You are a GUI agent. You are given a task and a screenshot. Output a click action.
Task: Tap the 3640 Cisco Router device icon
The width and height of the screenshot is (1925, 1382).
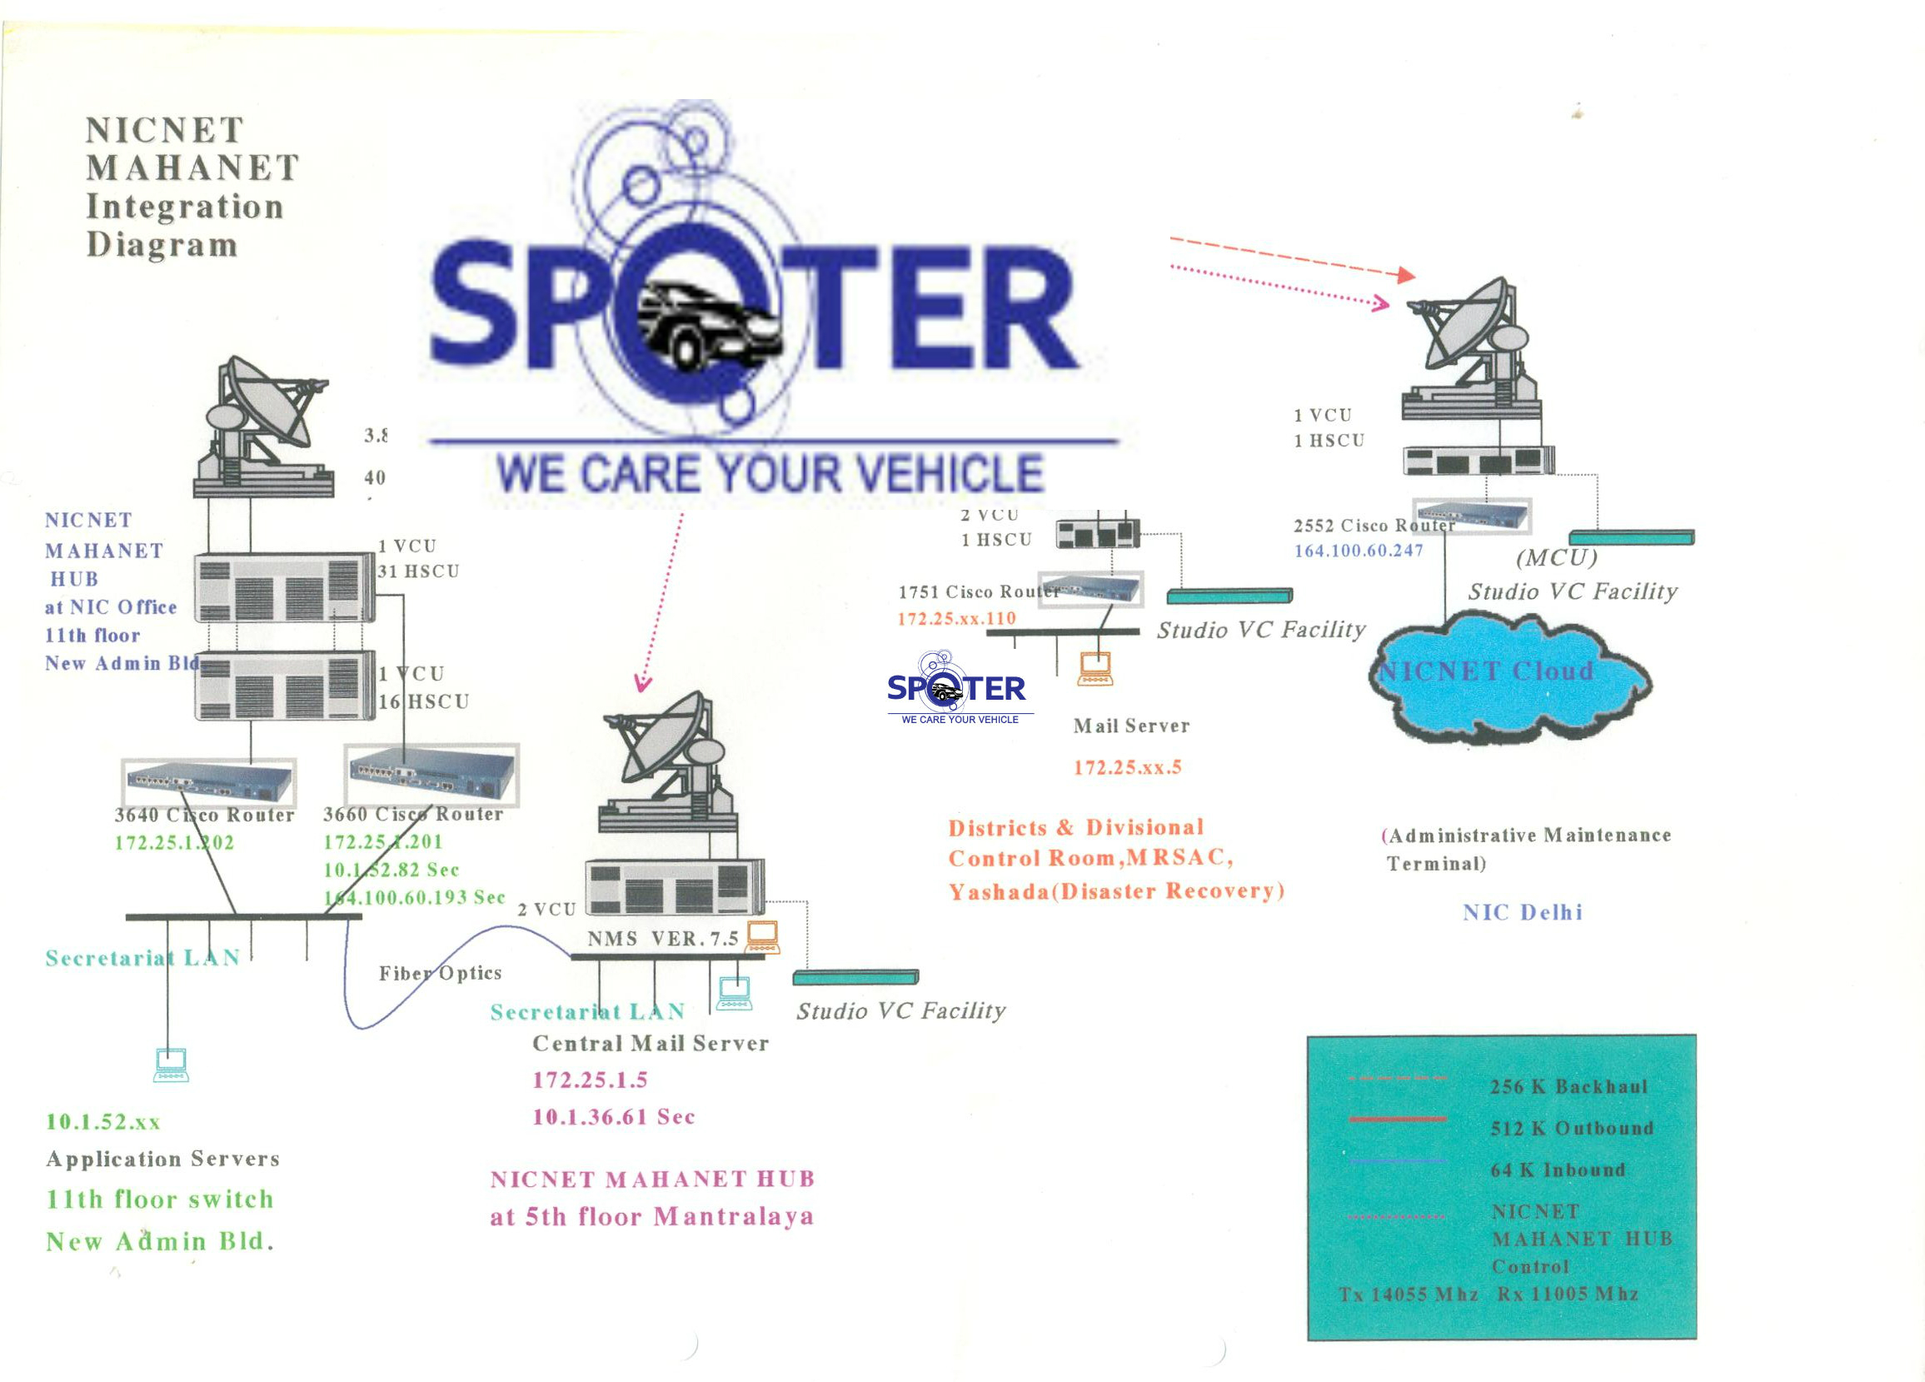pyautogui.click(x=209, y=782)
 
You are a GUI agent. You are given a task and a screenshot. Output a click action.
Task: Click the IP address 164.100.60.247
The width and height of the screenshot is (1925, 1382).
pyautogui.click(x=1358, y=551)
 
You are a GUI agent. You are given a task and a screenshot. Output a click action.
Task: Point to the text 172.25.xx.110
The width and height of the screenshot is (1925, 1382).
pyautogui.click(x=956, y=619)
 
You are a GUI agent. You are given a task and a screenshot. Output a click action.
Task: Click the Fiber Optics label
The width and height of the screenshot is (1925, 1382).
pyautogui.click(x=440, y=973)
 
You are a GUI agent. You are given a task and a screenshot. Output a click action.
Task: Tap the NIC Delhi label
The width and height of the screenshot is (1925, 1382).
pyautogui.click(x=1523, y=912)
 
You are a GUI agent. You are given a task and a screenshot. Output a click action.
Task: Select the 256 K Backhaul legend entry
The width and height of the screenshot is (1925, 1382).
pyautogui.click(x=1568, y=1086)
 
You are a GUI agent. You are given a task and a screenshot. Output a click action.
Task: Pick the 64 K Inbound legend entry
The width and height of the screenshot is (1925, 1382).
pyautogui.click(x=1558, y=1170)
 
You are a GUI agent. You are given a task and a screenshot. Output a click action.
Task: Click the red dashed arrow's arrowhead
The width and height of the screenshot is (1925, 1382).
pyautogui.click(x=1406, y=275)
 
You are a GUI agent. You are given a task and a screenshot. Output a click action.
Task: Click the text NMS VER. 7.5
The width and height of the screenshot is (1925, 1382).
pyautogui.click(x=663, y=939)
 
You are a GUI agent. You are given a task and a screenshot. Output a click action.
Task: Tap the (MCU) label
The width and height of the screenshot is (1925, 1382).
pyautogui.click(x=1557, y=558)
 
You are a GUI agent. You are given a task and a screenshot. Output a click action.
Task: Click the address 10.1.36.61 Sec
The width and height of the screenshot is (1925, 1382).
pyautogui.click(x=614, y=1117)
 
